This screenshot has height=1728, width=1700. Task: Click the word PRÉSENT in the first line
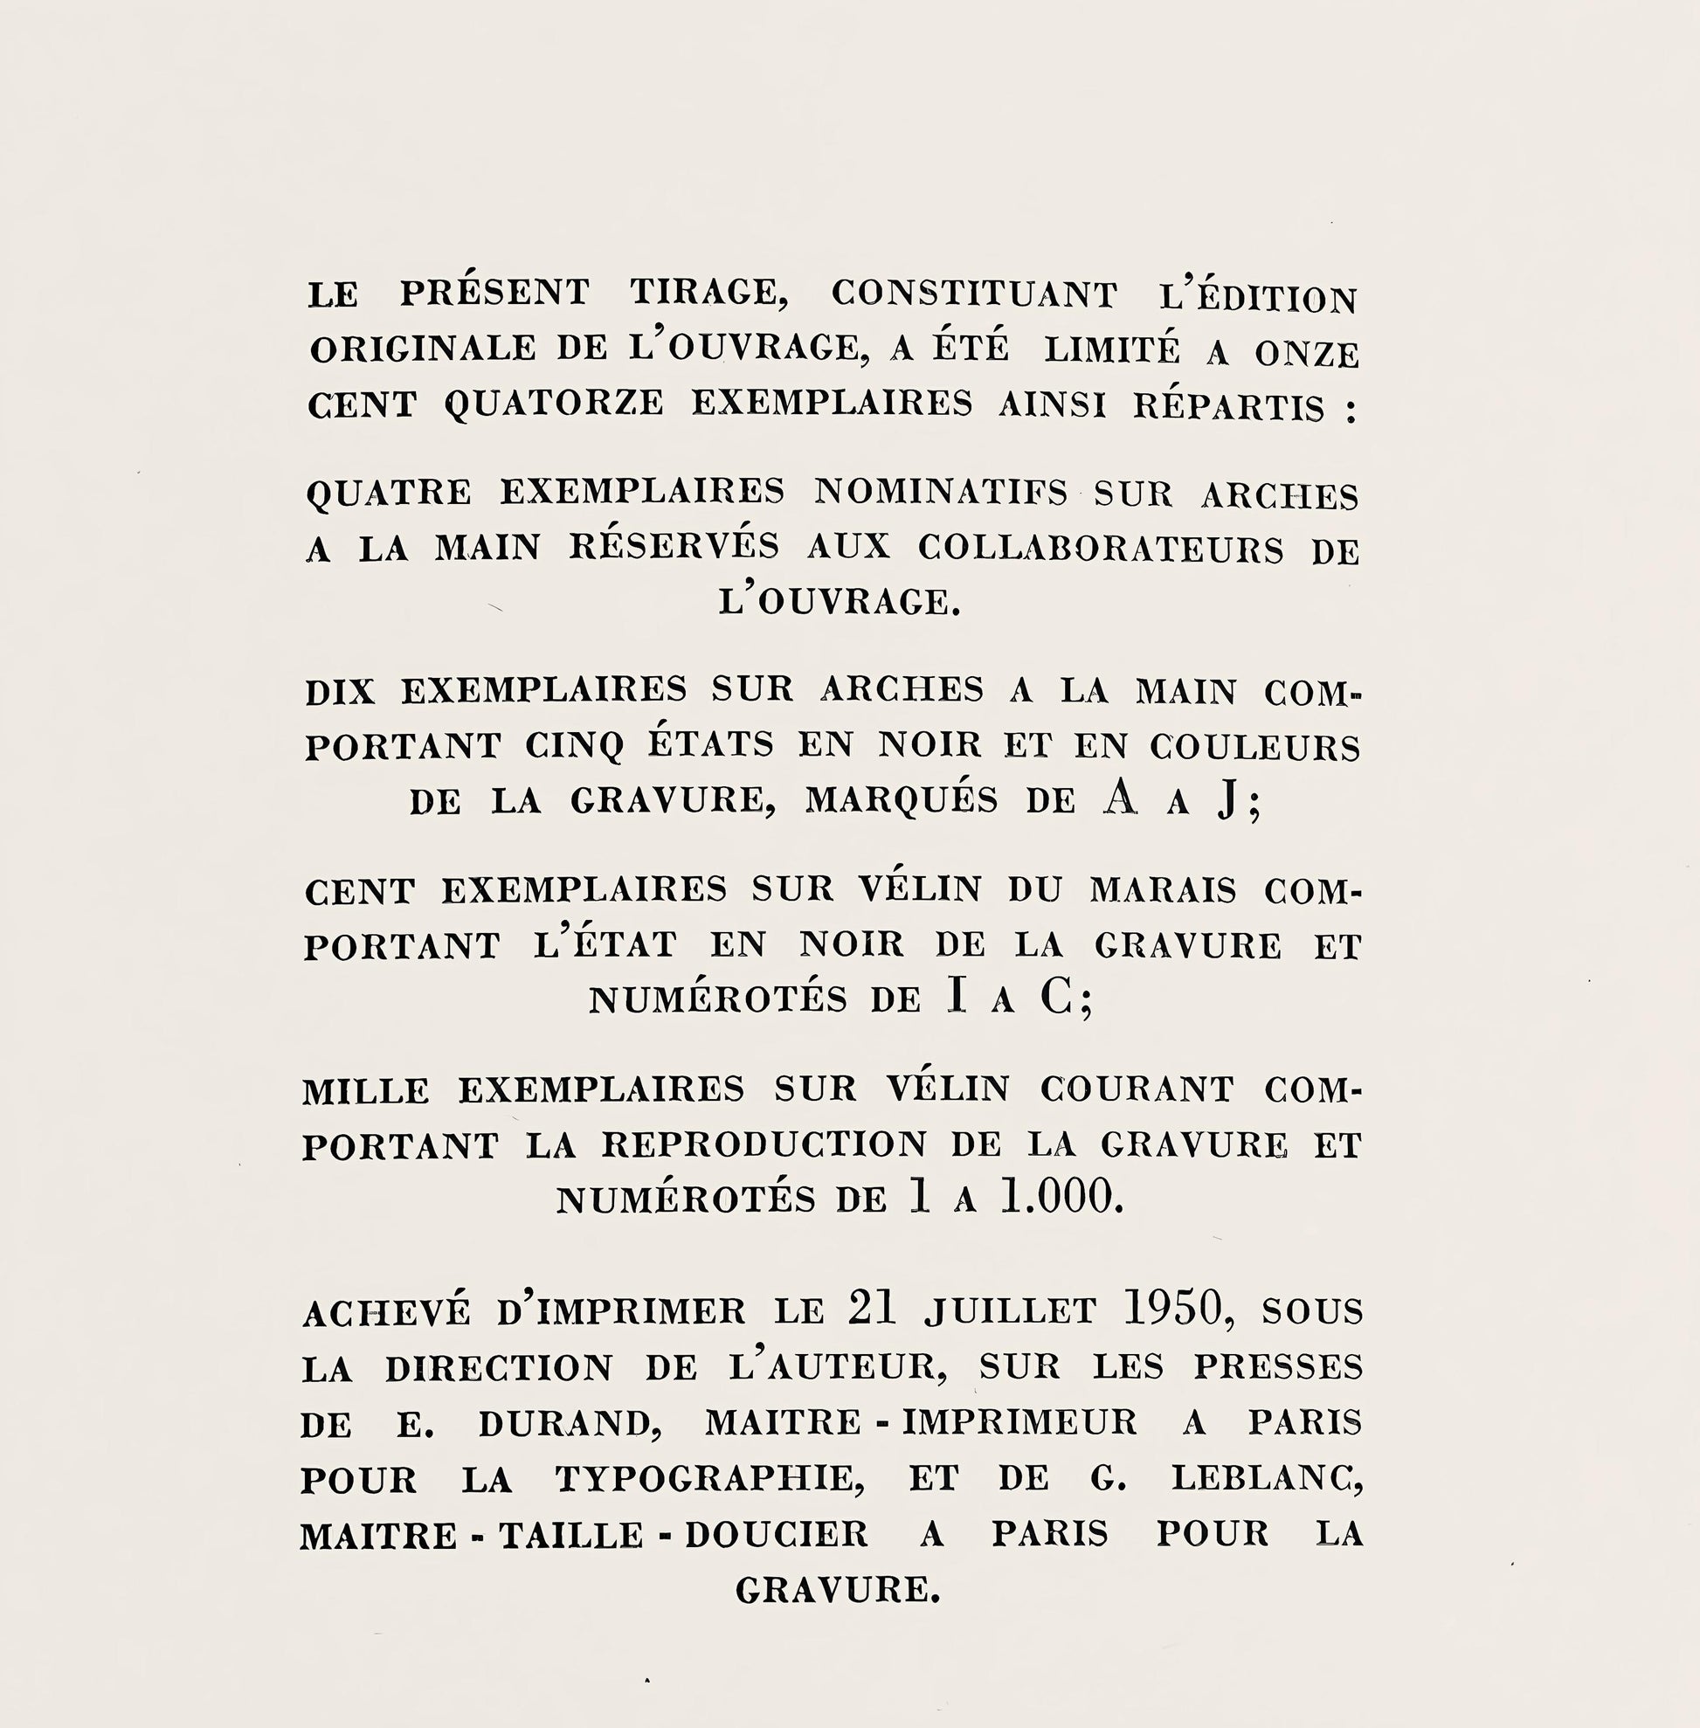point(494,292)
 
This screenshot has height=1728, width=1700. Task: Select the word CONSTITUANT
point(974,294)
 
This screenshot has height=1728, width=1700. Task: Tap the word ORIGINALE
point(422,349)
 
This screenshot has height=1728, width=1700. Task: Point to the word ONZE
point(1306,354)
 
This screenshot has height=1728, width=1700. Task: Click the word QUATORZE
point(554,404)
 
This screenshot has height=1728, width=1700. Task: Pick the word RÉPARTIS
point(1229,406)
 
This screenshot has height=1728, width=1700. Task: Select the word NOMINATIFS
point(940,492)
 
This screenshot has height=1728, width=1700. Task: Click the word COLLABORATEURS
point(1101,549)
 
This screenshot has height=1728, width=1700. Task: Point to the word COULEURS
point(1254,748)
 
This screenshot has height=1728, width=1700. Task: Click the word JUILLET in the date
point(1010,1311)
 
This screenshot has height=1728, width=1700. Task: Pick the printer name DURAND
point(569,1423)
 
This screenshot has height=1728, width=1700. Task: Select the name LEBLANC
point(1265,1479)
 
